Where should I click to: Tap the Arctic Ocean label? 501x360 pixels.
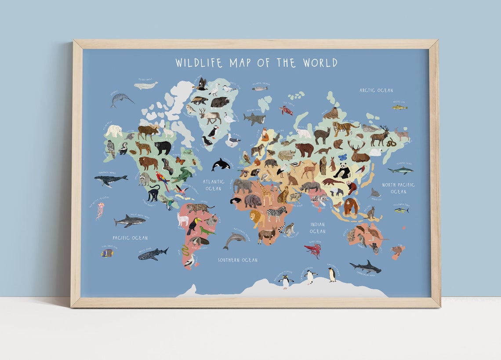tap(376, 90)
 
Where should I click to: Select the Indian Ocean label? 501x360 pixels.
tap(317, 228)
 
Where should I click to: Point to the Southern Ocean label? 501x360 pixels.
tap(238, 260)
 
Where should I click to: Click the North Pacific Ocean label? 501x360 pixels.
tap(398, 188)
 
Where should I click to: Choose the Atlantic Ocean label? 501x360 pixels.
tap(214, 185)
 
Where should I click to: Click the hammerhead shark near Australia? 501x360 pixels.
tap(365, 266)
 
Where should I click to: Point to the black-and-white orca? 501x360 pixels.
tap(220, 165)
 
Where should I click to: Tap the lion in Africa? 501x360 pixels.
tap(257, 217)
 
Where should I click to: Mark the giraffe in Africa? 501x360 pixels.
tap(265, 193)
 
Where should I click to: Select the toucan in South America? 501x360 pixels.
tap(193, 225)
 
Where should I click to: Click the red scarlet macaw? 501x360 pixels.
tap(163, 180)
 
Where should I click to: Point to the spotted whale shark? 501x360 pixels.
tap(152, 254)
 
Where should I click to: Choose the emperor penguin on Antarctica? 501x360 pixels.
tap(332, 274)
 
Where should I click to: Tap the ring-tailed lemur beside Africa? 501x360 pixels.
tap(288, 228)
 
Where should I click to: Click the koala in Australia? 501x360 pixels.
tap(362, 240)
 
